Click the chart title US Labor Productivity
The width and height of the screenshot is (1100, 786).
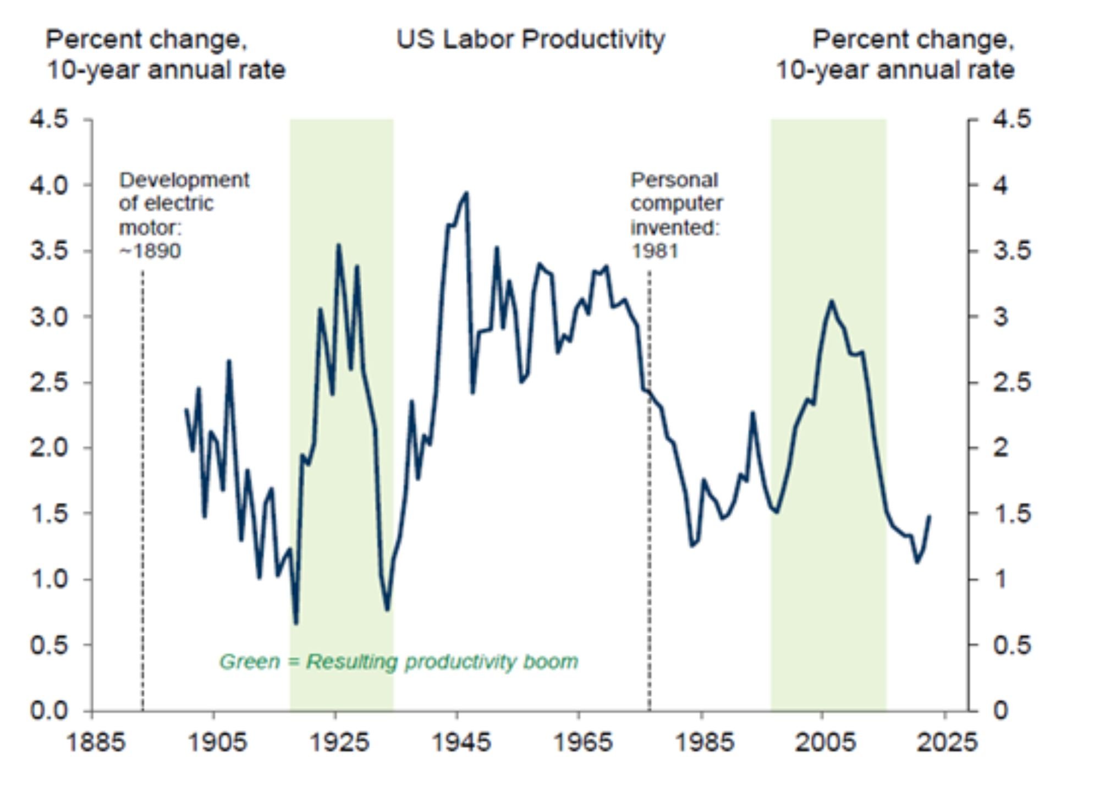pos(530,40)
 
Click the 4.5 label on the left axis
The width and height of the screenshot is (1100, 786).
pos(49,119)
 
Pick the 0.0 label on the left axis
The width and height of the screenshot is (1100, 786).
pos(49,711)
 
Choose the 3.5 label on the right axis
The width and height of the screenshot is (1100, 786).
pos(1011,251)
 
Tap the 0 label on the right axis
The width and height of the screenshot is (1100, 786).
pos(1000,711)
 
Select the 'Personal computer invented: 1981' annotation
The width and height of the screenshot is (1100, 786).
pos(676,215)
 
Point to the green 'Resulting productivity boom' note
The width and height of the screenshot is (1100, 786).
pos(399,662)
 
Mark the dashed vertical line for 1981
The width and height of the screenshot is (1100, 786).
pos(649,495)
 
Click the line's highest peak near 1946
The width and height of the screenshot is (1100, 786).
pos(466,193)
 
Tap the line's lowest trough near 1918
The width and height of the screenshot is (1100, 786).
pos(296,623)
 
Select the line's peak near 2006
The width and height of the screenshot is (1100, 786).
pos(831,301)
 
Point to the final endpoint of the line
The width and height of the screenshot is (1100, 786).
pos(930,516)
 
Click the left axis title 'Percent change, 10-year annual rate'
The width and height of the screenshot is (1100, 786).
pos(165,55)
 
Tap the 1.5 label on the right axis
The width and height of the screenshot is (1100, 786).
pos(1011,514)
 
